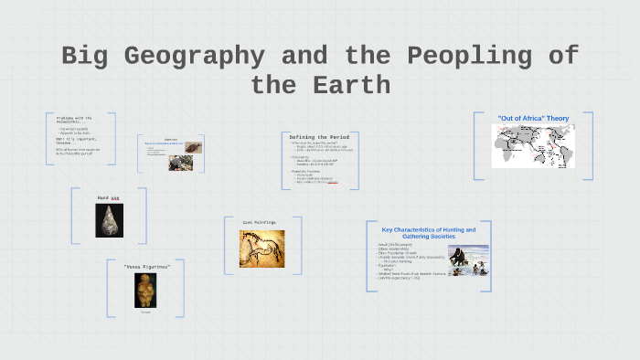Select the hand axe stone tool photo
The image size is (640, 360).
[x=109, y=220]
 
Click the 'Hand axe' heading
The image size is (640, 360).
[x=109, y=197]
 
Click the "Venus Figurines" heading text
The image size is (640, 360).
[x=145, y=267]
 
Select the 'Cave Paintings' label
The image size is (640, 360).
[x=259, y=222]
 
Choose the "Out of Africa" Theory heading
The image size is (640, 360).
[x=533, y=118]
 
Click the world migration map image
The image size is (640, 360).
[x=533, y=146]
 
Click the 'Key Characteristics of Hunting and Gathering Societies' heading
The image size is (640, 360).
[x=428, y=234]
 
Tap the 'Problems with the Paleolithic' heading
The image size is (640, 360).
[x=73, y=121]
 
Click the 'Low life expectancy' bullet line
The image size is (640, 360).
[x=403, y=277]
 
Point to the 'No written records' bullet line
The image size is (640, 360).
[x=77, y=132]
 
